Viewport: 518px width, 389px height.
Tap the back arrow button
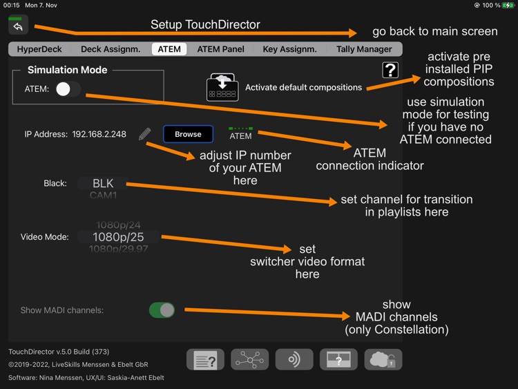(x=19, y=26)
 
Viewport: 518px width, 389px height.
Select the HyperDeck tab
(x=39, y=49)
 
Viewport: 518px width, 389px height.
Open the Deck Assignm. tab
(x=111, y=49)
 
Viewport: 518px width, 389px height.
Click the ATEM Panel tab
(x=220, y=49)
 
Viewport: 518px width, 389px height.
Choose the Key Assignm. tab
(x=289, y=49)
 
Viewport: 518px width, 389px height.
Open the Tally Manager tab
(x=364, y=49)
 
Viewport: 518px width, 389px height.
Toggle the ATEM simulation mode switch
(x=68, y=89)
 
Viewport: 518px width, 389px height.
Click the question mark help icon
(x=390, y=70)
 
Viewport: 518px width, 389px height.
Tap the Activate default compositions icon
(x=222, y=88)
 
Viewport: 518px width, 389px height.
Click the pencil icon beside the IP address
(x=144, y=134)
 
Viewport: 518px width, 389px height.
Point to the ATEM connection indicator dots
(x=241, y=128)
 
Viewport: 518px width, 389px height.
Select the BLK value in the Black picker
(x=103, y=184)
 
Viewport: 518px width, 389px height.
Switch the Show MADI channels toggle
(x=162, y=310)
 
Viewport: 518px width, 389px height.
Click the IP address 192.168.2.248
(x=99, y=134)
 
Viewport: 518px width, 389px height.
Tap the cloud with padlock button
(x=383, y=359)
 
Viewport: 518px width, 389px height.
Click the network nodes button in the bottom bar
(x=249, y=359)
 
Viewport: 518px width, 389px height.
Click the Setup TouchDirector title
(x=205, y=25)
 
